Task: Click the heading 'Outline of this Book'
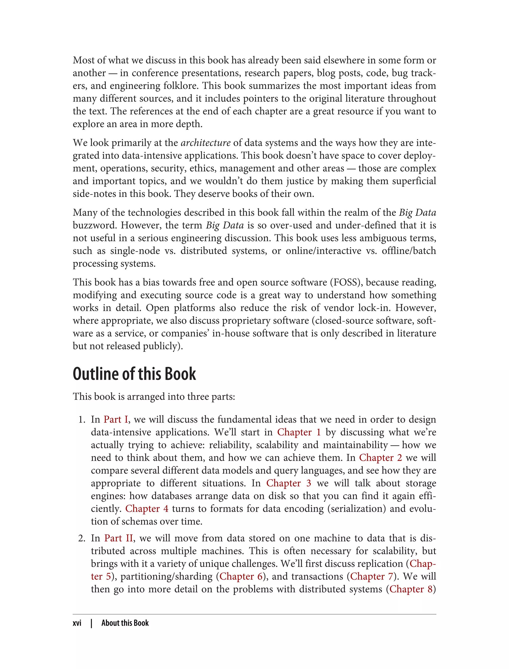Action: pyautogui.click(x=134, y=374)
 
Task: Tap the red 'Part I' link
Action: pyautogui.click(x=116, y=419)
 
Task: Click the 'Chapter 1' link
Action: pyautogui.click(x=299, y=432)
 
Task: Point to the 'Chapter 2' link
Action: pyautogui.click(x=381, y=457)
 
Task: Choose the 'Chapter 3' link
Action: pyautogui.click(x=289, y=483)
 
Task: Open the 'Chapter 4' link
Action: pyautogui.click(x=147, y=508)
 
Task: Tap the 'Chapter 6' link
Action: pyautogui.click(x=241, y=576)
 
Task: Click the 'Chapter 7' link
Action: pyautogui.click(x=372, y=576)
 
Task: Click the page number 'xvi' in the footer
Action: pyautogui.click(x=77, y=623)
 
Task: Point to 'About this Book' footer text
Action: pyautogui.click(x=125, y=623)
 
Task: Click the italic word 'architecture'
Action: pyautogui.click(x=206, y=143)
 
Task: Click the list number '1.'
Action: pyautogui.click(x=82, y=420)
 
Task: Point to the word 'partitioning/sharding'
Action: pyautogui.click(x=166, y=576)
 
